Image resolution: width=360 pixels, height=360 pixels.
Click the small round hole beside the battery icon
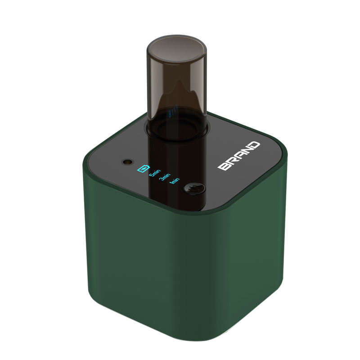(x=126, y=161)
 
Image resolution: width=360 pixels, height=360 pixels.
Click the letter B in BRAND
(x=224, y=166)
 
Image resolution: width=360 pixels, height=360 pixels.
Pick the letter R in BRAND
(x=232, y=161)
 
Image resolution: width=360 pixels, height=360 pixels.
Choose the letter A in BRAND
(x=240, y=155)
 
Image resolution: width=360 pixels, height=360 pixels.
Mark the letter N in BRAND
(x=247, y=150)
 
